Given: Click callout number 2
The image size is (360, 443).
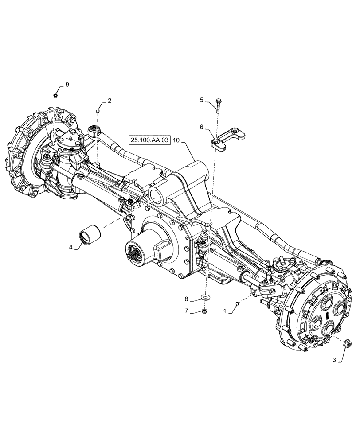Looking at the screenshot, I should click(109, 101).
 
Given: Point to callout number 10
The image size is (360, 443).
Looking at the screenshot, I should click(176, 140).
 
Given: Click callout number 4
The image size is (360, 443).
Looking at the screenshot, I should click(71, 248).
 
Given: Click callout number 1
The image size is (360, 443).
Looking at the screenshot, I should click(225, 311).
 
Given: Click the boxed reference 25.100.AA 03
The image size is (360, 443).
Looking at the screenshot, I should click(150, 140).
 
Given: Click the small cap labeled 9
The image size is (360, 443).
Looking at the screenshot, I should click(55, 95).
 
